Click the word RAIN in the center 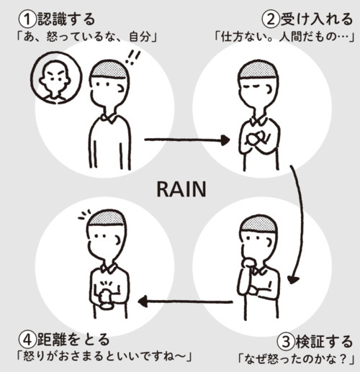tap(181, 189)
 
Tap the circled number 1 tap(27, 19)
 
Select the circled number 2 tap(271, 19)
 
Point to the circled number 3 tap(286, 342)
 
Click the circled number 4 tap(27, 340)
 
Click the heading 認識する tap(66, 19)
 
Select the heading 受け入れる tap(317, 19)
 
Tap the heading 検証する tap(324, 341)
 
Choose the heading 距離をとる tap(73, 340)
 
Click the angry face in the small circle tap(56, 78)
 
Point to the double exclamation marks tap(132, 58)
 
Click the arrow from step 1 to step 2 tap(186, 140)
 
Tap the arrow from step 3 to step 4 tap(185, 301)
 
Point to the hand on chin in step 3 tap(249, 262)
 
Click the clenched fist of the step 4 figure tap(106, 298)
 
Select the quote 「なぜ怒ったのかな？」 tap(296, 359)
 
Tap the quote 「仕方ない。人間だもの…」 tap(284, 37)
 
